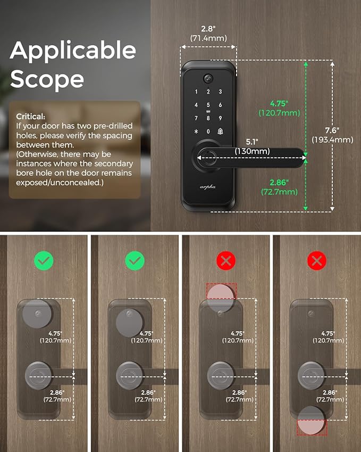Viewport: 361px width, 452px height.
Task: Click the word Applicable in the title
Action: point(73,51)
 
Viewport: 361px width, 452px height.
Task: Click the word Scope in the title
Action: point(47,79)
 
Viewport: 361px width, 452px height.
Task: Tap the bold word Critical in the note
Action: point(31,116)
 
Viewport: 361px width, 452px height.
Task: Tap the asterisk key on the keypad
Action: point(196,132)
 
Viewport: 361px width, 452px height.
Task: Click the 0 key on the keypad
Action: point(208,132)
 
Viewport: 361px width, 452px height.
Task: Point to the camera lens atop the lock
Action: point(208,78)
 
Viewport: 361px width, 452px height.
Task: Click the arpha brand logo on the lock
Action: point(208,187)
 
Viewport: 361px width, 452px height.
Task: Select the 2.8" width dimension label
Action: point(208,33)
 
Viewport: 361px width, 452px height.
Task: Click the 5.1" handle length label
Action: point(253,147)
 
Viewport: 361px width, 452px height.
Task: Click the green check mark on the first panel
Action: point(44,261)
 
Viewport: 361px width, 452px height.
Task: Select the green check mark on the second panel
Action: point(135,261)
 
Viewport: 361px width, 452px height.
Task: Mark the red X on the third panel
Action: point(226,261)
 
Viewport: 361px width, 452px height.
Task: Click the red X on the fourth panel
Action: point(317,261)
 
